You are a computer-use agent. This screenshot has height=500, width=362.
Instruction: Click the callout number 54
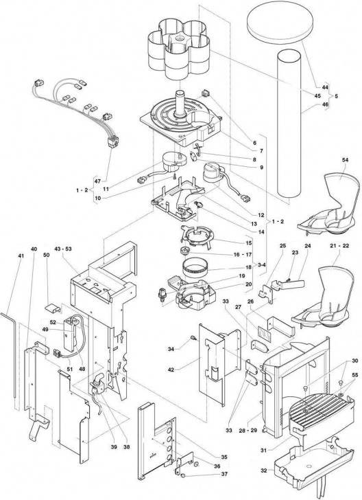(x=345, y=160)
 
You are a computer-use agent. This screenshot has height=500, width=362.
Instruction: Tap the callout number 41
(x=21, y=255)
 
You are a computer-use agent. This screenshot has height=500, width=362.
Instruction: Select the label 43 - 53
(x=62, y=249)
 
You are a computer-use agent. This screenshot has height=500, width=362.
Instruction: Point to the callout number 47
(x=97, y=181)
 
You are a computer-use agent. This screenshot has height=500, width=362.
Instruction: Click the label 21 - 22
(x=339, y=246)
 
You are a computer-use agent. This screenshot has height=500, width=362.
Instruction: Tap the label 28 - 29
(x=248, y=430)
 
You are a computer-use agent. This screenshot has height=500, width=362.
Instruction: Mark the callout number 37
(x=224, y=474)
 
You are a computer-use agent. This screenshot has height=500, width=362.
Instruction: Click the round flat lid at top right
(x=279, y=23)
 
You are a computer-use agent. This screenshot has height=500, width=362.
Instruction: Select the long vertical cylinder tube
(x=289, y=124)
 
